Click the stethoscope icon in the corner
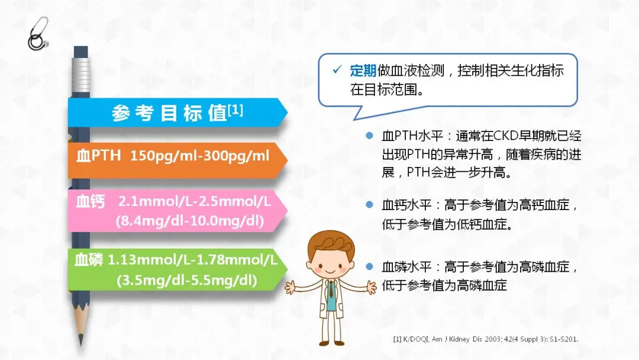(38, 33)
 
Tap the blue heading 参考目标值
(169, 113)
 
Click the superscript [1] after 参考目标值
(235, 110)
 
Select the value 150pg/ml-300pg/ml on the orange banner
(200, 156)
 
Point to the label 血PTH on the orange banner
(99, 155)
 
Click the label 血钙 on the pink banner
(91, 201)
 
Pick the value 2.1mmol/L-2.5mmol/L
(195, 201)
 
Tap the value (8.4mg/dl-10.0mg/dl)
(190, 221)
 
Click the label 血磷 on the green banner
(89, 260)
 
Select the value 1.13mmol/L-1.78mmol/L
(192, 260)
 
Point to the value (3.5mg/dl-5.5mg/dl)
(187, 280)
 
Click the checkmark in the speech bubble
(337, 70)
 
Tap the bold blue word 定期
(363, 70)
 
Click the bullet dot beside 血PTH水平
(369, 136)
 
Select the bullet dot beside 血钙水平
(369, 205)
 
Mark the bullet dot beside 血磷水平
(369, 266)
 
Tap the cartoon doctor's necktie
(331, 289)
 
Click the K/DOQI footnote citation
(486, 339)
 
